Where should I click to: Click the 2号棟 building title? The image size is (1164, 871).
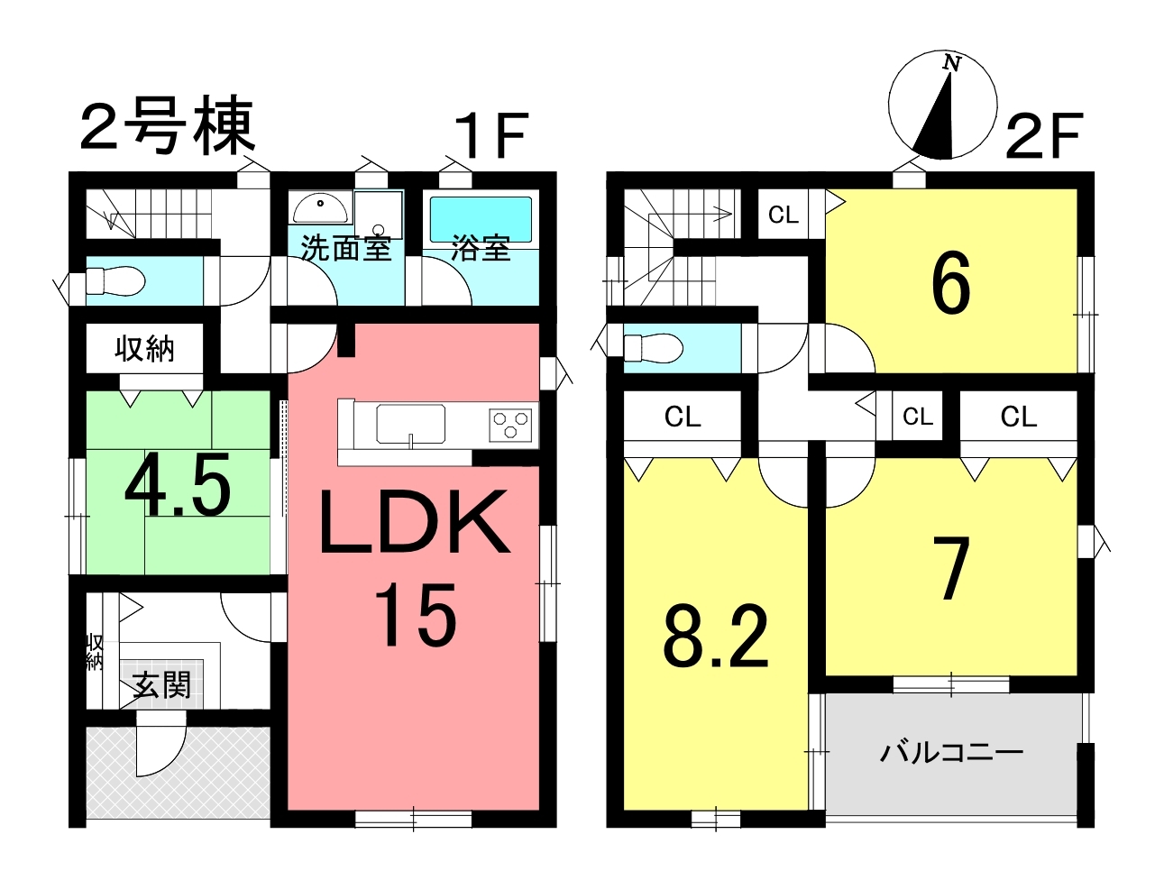point(168,126)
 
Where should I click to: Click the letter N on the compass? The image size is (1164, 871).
point(952,64)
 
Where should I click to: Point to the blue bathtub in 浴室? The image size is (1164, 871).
point(481,219)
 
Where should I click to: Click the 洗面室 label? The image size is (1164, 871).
point(346,248)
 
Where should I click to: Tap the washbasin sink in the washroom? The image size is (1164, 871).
point(320,207)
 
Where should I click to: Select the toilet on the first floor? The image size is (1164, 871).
point(115,281)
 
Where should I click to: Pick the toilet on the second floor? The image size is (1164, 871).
point(654,348)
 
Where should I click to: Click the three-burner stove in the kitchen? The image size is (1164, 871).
point(510,425)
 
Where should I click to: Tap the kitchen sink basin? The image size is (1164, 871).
point(410,424)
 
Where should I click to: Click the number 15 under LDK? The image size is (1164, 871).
point(416,614)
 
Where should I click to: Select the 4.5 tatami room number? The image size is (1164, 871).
point(178,484)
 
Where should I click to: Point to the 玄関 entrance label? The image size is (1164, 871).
point(161,685)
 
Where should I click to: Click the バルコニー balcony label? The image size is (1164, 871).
point(951,753)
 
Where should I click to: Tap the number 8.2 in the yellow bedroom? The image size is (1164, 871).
point(715,637)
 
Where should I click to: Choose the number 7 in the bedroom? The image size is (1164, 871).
point(952,569)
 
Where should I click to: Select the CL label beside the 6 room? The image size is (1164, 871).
point(784,215)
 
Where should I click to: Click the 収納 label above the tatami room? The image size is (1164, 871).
point(144,349)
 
